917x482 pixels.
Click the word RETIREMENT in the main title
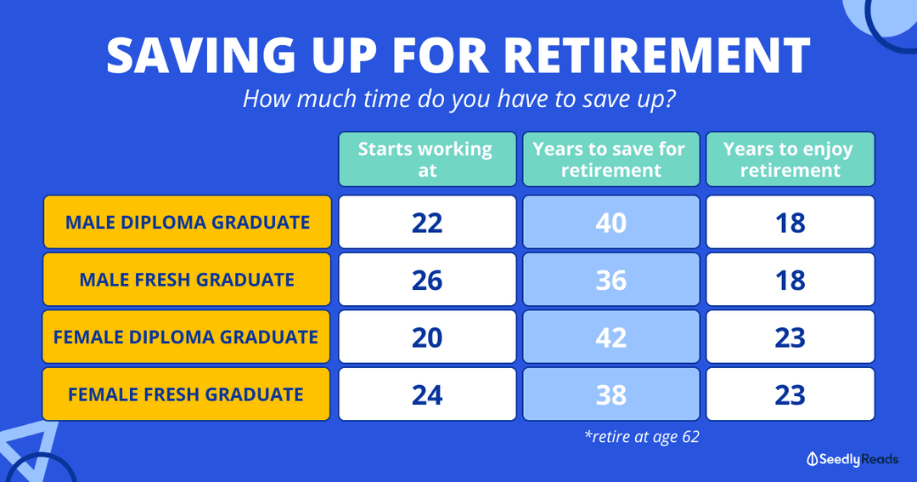(x=656, y=55)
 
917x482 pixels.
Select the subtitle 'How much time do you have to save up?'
(x=459, y=99)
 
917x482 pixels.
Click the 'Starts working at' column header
(x=427, y=159)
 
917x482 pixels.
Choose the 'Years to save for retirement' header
(x=611, y=159)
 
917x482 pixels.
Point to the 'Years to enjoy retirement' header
(x=790, y=159)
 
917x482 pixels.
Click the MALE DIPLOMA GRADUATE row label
(x=187, y=222)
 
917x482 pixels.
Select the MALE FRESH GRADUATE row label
(x=187, y=280)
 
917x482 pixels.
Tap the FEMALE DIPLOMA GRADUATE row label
(x=186, y=337)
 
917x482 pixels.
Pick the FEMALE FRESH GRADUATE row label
(x=186, y=394)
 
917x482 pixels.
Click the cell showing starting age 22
(x=427, y=222)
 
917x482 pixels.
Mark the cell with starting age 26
(x=427, y=280)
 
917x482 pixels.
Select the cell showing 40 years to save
(x=611, y=222)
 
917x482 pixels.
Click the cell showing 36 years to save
(x=611, y=280)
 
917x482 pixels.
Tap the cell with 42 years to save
(x=611, y=337)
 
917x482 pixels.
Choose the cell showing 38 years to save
(x=611, y=394)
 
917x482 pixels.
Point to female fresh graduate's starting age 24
(x=427, y=394)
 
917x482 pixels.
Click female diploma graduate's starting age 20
(x=427, y=337)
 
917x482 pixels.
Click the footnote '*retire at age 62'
(x=642, y=437)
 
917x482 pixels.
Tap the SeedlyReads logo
(x=852, y=459)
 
